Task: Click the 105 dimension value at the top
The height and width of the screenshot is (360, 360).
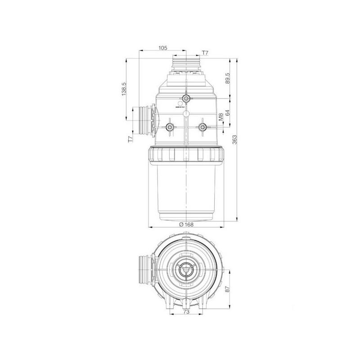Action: (163, 48)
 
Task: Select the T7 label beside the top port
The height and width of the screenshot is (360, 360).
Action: (205, 53)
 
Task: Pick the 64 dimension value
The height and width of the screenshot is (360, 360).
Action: (228, 112)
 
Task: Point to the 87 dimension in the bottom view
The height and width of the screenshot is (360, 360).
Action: (228, 290)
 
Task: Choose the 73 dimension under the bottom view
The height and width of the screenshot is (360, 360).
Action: (185, 311)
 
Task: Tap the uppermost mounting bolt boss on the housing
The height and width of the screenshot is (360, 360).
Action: (185, 99)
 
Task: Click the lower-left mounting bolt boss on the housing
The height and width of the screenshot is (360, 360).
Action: (170, 127)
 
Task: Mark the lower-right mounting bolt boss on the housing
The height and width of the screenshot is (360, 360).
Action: (202, 127)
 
